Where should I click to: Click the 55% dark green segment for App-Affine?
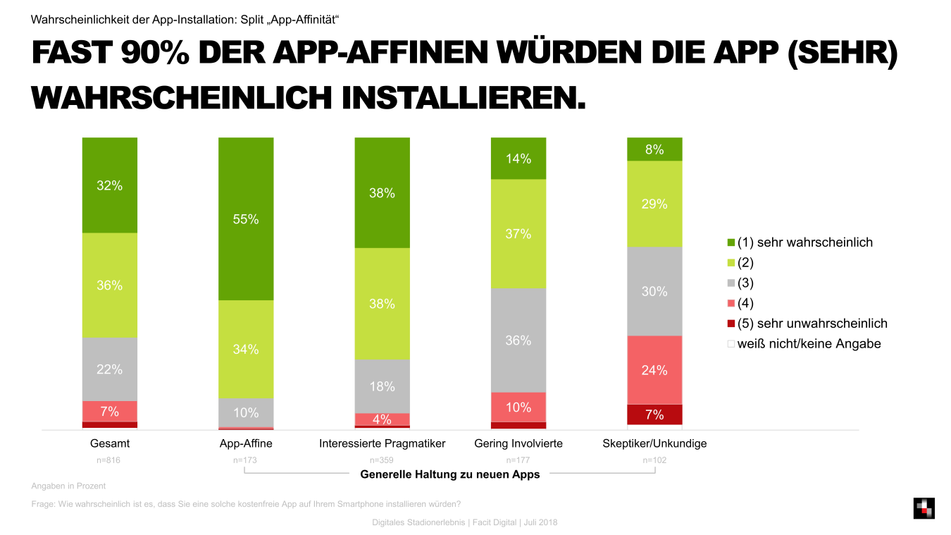(x=246, y=219)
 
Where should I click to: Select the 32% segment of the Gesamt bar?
(x=109, y=185)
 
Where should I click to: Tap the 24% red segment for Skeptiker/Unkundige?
(x=654, y=369)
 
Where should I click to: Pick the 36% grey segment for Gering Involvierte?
(x=518, y=340)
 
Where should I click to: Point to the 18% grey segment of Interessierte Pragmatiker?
(x=382, y=386)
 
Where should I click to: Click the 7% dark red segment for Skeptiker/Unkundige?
(x=654, y=414)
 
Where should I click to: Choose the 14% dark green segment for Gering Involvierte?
(x=518, y=159)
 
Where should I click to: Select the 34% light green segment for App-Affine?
(x=246, y=349)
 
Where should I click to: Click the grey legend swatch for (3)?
(x=731, y=283)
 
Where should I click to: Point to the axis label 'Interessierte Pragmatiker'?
(x=382, y=443)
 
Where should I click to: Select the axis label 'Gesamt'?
(x=110, y=443)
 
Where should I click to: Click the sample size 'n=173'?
(x=246, y=460)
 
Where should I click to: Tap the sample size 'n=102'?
(x=654, y=460)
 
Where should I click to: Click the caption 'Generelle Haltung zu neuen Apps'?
(x=450, y=474)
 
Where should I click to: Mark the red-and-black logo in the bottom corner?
(x=924, y=508)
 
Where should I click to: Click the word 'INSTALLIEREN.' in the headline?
(x=464, y=97)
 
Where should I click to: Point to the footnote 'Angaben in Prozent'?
(x=68, y=486)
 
